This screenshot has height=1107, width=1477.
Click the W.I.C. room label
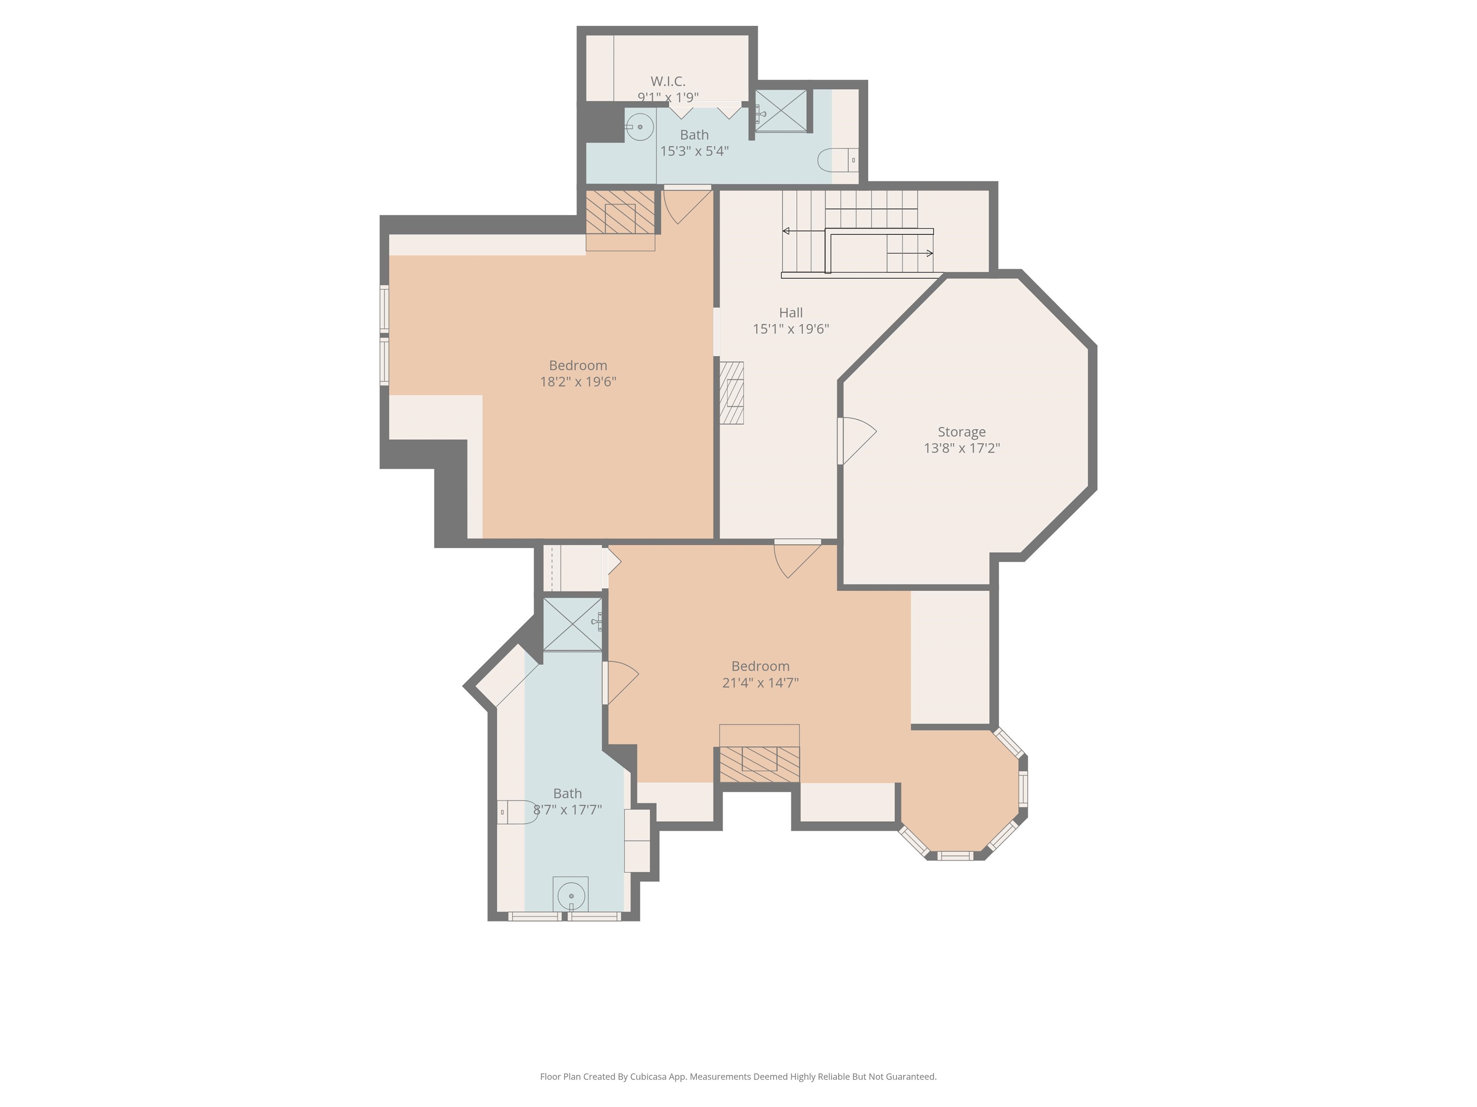pos(668,81)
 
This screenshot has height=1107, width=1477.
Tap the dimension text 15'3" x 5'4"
pos(694,151)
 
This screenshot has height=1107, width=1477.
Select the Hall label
pos(790,312)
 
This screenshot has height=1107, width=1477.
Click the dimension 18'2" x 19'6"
pos(577,381)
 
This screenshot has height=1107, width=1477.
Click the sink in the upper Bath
pos(639,126)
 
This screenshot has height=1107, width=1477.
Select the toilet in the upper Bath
pos(838,160)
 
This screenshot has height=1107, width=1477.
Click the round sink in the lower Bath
pos(571,895)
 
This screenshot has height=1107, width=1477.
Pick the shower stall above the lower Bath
pos(572,624)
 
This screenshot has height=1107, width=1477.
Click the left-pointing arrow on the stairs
pos(787,231)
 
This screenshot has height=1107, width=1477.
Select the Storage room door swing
pos(857,439)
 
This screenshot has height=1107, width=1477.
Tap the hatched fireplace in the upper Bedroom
pos(620,212)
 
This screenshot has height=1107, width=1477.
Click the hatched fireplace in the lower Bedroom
pos(759,764)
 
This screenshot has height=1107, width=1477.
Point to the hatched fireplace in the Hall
pos(732,393)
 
